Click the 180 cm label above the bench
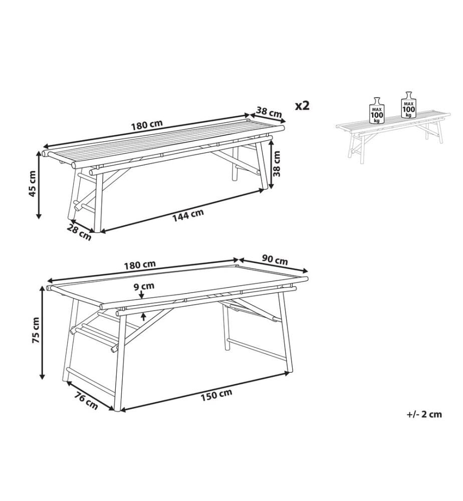(x=147, y=124)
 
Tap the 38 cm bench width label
(x=270, y=112)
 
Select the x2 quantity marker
(x=302, y=105)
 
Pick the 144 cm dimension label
(x=188, y=215)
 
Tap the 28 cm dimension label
(x=79, y=232)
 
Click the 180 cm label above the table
(x=140, y=265)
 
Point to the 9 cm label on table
(x=144, y=286)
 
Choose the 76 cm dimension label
(x=86, y=401)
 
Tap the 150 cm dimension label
(x=216, y=396)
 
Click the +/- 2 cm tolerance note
(x=424, y=414)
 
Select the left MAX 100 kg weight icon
(x=377, y=110)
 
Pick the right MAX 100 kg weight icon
(x=409, y=105)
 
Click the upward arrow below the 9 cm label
(x=143, y=317)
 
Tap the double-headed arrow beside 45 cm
(x=39, y=185)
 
